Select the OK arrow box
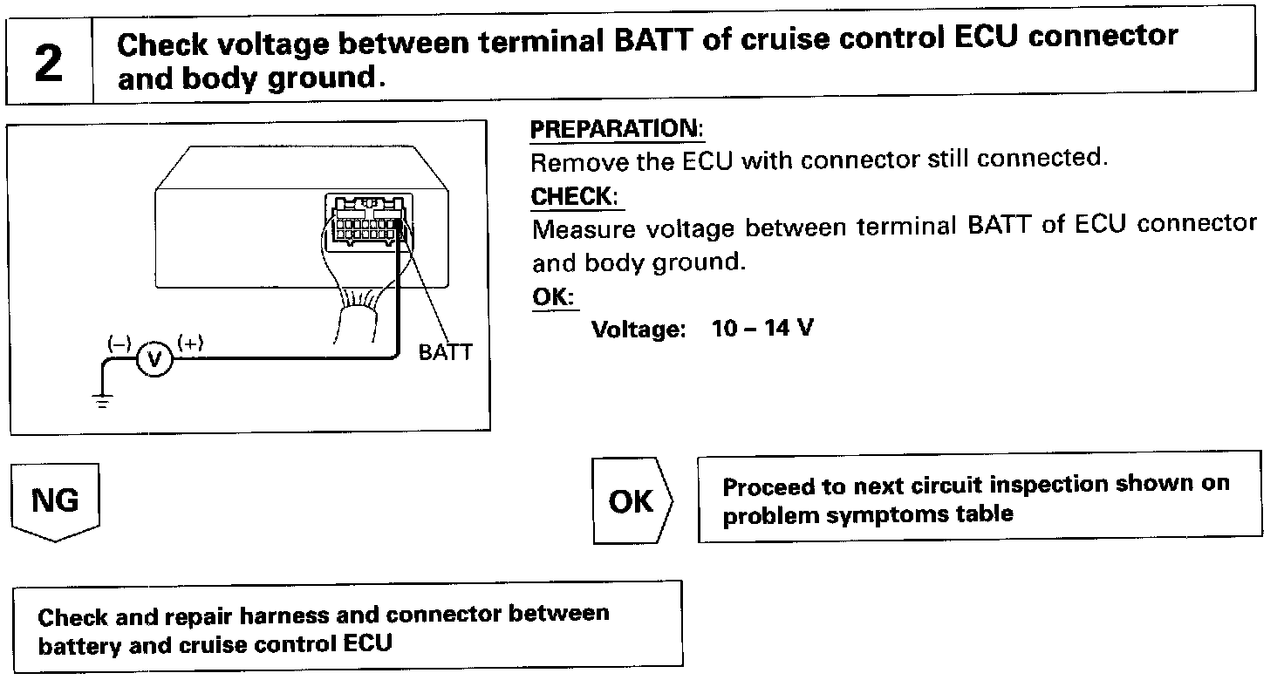point(631,500)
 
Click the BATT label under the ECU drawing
point(445,352)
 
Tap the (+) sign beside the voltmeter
point(190,343)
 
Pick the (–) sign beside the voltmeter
point(118,343)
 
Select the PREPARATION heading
point(616,129)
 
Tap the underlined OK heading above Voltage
point(553,297)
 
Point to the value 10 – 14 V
point(762,330)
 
